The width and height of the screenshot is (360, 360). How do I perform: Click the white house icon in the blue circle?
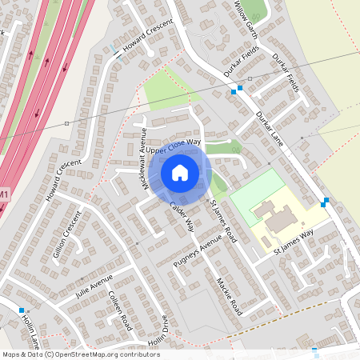(180, 173)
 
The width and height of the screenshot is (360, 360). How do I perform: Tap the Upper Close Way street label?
(172, 146)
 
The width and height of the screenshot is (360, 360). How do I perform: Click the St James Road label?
(224, 222)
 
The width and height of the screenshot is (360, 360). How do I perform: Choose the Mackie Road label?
(229, 295)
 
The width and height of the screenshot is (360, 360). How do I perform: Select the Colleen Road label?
(120, 310)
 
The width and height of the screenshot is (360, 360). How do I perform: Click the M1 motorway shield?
(4, 194)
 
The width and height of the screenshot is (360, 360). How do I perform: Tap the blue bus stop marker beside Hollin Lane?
(22, 310)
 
